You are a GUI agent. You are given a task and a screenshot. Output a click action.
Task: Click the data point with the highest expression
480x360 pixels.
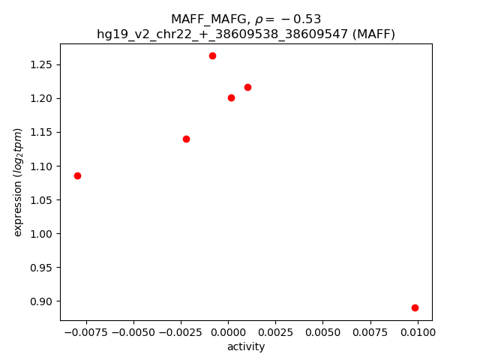click(212, 55)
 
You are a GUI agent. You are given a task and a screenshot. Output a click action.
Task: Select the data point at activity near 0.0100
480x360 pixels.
click(415, 307)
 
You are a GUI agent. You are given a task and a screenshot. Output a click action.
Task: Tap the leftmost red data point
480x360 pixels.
click(77, 175)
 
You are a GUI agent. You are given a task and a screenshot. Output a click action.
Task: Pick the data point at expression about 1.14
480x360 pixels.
click(186, 139)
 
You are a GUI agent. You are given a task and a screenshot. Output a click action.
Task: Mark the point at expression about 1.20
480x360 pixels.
click(231, 97)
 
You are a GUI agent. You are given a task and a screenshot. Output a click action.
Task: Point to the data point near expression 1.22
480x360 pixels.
click(247, 87)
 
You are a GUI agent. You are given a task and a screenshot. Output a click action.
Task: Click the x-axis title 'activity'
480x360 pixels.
click(246, 346)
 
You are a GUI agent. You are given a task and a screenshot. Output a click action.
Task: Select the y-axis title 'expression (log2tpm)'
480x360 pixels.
click(18, 182)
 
